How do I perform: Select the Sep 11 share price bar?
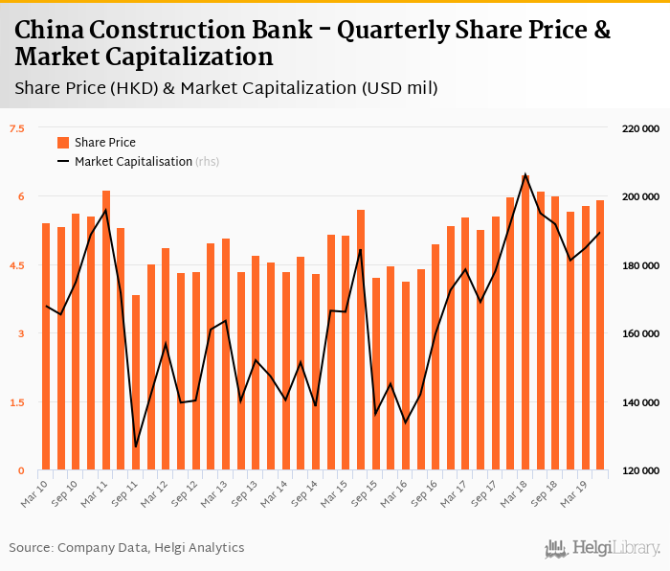[x=136, y=383]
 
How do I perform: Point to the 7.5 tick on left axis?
[x=17, y=128]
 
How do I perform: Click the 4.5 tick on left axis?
[x=17, y=265]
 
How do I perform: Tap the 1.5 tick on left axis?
[x=17, y=402]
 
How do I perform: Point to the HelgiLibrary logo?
[x=603, y=548]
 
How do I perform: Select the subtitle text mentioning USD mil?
[x=226, y=89]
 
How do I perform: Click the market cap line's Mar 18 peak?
[x=525, y=175]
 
